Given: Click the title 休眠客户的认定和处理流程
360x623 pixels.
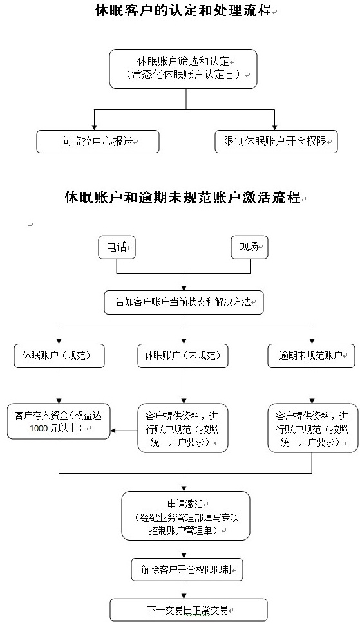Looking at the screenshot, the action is [x=184, y=10].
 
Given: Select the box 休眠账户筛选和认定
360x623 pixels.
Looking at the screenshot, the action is [x=183, y=69].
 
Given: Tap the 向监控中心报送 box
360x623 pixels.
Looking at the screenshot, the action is [x=98, y=142].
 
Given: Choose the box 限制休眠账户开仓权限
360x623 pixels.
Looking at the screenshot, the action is [x=276, y=142].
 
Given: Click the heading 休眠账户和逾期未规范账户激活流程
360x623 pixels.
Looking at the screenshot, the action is [x=183, y=198].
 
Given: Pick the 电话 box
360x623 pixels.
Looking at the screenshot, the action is [x=117, y=247].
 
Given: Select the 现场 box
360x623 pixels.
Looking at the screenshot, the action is [x=249, y=247].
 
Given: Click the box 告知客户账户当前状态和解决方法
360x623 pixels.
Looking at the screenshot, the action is [x=184, y=302].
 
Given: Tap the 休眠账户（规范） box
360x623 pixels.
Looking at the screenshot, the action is [x=59, y=356].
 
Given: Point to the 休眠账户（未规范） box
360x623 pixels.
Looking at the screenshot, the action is [x=183, y=356].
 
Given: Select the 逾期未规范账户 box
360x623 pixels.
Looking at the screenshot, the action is [x=312, y=356].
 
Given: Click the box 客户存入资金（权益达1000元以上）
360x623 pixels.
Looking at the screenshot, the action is [x=59, y=422].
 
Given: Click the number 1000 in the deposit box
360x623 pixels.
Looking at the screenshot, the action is [x=39, y=429].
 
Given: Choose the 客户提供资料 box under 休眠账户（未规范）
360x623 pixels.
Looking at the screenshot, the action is [x=183, y=429].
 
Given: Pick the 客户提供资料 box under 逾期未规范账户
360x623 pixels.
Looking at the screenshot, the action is [x=312, y=429].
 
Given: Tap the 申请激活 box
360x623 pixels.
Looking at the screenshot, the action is [x=185, y=516].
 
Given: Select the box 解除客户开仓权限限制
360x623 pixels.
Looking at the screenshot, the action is [x=187, y=570].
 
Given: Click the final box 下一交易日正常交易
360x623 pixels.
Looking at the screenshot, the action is [x=189, y=610].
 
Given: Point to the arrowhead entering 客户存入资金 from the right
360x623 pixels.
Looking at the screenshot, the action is [x=113, y=431].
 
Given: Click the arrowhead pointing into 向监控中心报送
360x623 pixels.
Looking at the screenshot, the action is [x=94, y=127].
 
